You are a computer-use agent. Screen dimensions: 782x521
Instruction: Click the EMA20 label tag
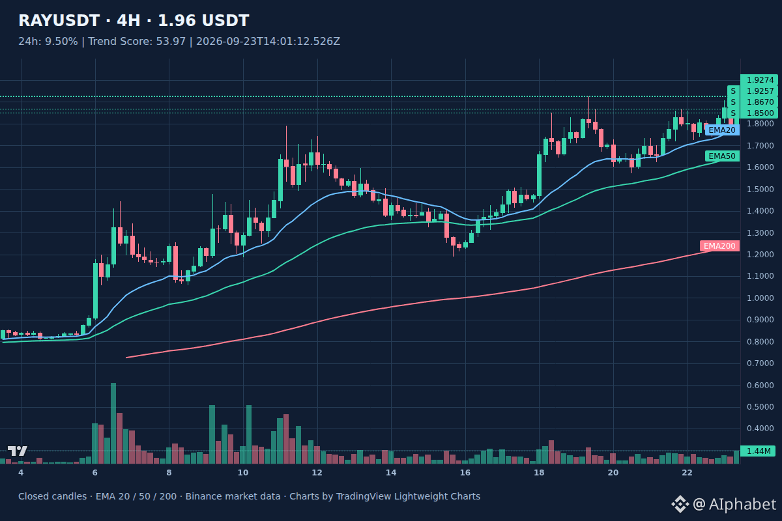[722, 130]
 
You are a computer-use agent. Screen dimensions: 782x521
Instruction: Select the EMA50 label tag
[722, 156]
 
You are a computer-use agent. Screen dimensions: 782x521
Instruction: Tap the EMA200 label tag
[719, 246]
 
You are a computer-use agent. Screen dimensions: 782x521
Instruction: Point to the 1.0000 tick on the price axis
[760, 298]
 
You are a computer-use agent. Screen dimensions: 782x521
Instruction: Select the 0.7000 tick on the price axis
[760, 363]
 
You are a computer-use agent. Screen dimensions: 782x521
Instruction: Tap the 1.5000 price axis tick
[760, 189]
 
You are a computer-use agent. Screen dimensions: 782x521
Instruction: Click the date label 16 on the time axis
[465, 473]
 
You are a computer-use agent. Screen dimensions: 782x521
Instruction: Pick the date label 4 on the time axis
[21, 473]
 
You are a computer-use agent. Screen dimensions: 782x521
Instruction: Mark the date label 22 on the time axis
[687, 473]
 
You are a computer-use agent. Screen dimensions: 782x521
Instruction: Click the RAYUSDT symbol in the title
[59, 21]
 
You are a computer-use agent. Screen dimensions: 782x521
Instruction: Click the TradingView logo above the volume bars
[18, 451]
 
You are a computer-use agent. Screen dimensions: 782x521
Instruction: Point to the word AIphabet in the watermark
[742, 504]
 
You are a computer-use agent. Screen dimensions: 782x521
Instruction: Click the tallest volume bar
[113, 423]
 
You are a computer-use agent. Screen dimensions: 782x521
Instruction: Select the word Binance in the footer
[201, 496]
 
